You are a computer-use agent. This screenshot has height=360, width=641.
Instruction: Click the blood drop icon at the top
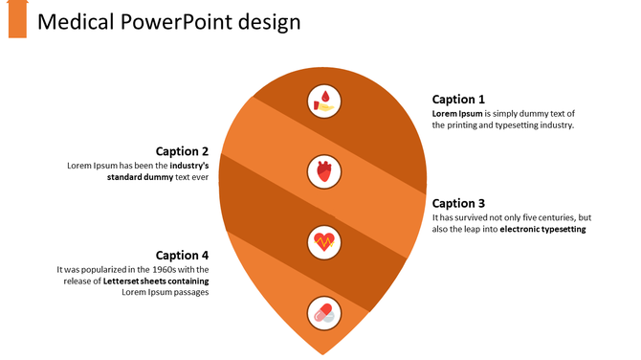pyautogui.click(x=324, y=100)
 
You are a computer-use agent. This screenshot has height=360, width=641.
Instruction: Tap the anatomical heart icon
pyautogui.click(x=324, y=172)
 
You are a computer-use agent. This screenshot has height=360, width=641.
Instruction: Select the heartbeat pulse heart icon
pyautogui.click(x=324, y=241)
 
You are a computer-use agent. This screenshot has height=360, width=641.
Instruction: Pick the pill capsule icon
pyautogui.click(x=324, y=312)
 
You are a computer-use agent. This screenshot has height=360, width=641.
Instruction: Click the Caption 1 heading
pyautogui.click(x=458, y=99)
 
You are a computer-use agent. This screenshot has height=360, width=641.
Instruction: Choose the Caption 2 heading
pyautogui.click(x=182, y=150)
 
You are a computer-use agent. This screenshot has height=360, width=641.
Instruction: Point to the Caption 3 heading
pyautogui.click(x=458, y=203)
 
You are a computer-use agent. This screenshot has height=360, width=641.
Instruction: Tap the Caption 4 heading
pyautogui.click(x=182, y=255)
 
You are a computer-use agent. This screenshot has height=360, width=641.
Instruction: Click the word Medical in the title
pyautogui.click(x=77, y=21)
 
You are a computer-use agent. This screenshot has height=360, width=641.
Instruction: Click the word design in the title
pyautogui.click(x=270, y=21)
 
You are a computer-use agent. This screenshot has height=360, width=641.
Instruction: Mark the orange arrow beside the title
pyautogui.click(x=17, y=18)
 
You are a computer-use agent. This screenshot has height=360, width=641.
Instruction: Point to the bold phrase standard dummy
pyautogui.click(x=139, y=178)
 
